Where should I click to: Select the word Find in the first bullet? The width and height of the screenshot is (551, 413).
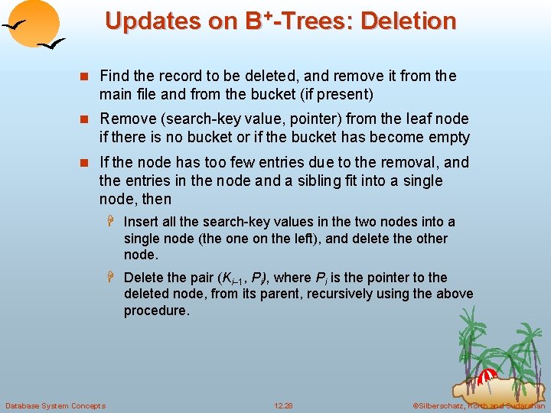115,76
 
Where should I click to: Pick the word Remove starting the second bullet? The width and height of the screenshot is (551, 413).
126,119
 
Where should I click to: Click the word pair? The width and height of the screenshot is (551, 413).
199,278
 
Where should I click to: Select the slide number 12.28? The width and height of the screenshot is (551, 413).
283,405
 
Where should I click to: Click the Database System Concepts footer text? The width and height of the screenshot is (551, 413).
55,405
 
